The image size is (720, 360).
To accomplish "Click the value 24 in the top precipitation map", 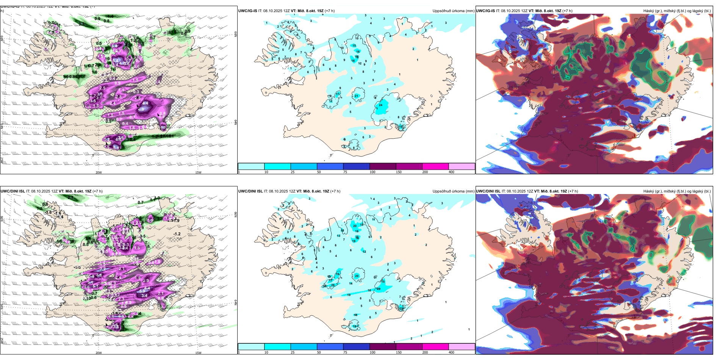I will pyautogui.click(x=380, y=105).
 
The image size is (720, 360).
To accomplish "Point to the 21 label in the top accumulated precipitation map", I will pyautogui.click(x=356, y=96).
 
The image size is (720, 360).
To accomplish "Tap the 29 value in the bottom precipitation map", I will pyautogui.click(x=379, y=289).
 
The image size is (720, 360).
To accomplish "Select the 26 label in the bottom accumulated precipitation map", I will pyautogui.click(x=333, y=285).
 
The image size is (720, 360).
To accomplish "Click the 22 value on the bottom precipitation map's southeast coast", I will pyautogui.click(x=401, y=308).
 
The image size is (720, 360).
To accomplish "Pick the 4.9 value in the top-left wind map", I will pyautogui.click(x=141, y=109).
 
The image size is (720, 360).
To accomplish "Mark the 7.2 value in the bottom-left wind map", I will pyautogui.click(x=103, y=269).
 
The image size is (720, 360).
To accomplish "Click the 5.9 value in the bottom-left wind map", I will pyautogui.click(x=142, y=291).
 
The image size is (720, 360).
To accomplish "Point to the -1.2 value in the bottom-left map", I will pyautogui.click(x=177, y=234).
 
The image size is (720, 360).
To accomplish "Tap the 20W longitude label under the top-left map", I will pyautogui.click(x=99, y=172).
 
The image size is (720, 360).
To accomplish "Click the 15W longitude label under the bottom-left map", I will pyautogui.click(x=198, y=353).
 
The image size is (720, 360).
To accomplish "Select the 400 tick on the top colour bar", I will pyautogui.click(x=451, y=172).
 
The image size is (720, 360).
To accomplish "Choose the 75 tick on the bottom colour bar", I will pyautogui.click(x=345, y=352).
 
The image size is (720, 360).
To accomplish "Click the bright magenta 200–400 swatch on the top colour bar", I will pyautogui.click(x=435, y=166).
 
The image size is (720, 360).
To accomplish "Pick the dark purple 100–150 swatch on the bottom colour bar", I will pyautogui.click(x=382, y=347).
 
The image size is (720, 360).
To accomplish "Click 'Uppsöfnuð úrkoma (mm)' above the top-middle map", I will pyautogui.click(x=453, y=11).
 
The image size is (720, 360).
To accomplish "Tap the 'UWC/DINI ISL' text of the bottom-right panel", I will pyautogui.click(x=488, y=191).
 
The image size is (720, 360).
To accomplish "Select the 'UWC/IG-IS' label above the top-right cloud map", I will pyautogui.click(x=485, y=11).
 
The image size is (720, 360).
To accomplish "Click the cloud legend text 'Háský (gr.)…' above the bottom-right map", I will pyautogui.click(x=677, y=191).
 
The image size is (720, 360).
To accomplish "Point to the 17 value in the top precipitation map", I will pyautogui.click(x=338, y=94).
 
